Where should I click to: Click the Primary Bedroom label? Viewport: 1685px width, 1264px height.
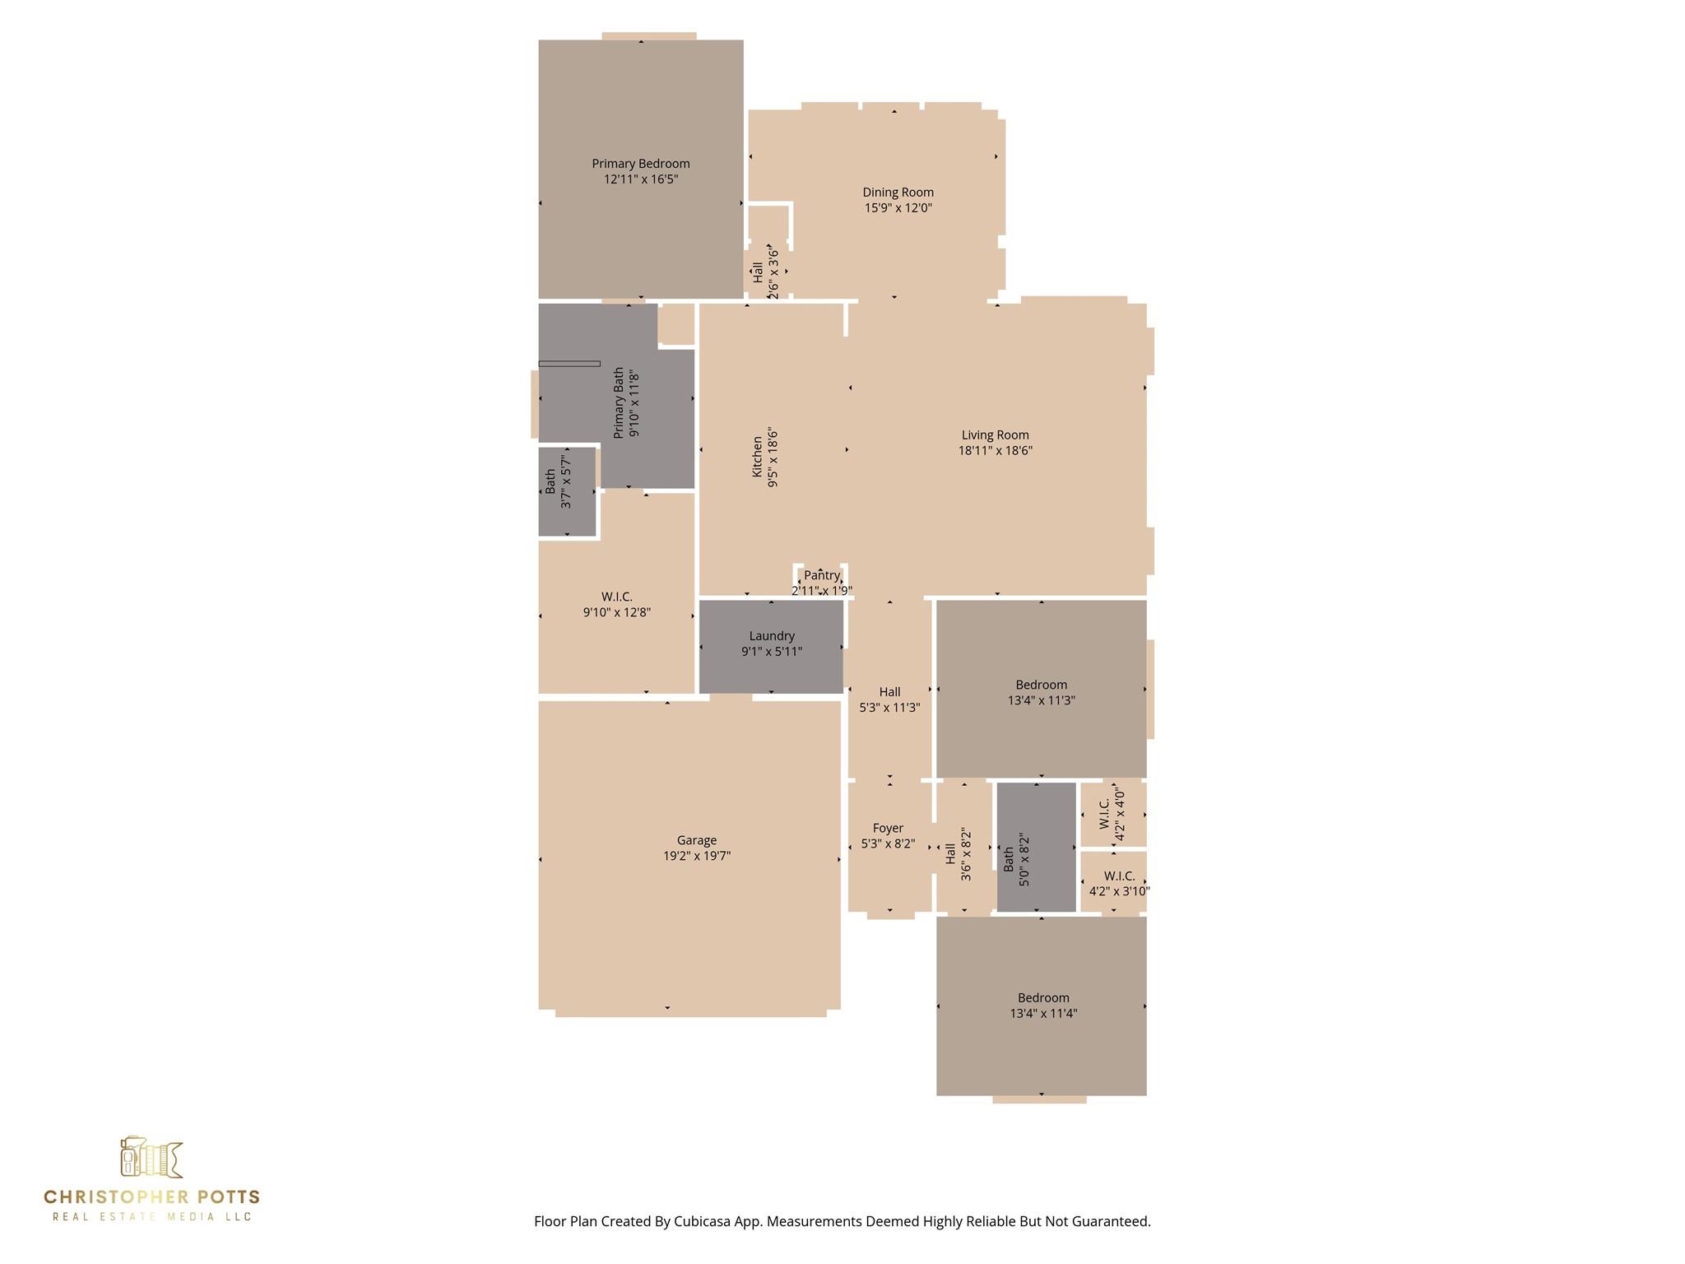640,164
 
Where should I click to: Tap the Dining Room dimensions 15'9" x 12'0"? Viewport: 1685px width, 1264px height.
898,208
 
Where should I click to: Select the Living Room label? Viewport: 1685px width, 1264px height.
995,435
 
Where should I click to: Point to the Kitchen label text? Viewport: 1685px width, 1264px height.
757,457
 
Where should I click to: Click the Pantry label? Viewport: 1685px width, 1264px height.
822,575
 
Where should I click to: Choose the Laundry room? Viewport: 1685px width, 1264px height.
771,647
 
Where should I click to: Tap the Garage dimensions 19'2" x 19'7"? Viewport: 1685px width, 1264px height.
697,856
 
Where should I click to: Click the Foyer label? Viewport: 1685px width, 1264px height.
888,828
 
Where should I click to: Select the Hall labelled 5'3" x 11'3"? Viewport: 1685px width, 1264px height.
889,690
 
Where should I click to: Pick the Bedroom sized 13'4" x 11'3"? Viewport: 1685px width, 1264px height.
1041,689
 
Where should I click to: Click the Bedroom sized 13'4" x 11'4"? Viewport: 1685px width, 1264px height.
1041,1006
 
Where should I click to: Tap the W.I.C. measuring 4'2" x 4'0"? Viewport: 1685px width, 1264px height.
1113,814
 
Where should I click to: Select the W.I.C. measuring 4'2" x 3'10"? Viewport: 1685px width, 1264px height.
1113,881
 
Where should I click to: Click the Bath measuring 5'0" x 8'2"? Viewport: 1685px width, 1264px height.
1036,847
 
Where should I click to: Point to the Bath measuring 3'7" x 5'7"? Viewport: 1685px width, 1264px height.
567,492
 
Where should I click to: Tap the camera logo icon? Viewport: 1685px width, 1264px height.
151,1158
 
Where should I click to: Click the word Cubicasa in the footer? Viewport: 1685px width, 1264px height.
705,1221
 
